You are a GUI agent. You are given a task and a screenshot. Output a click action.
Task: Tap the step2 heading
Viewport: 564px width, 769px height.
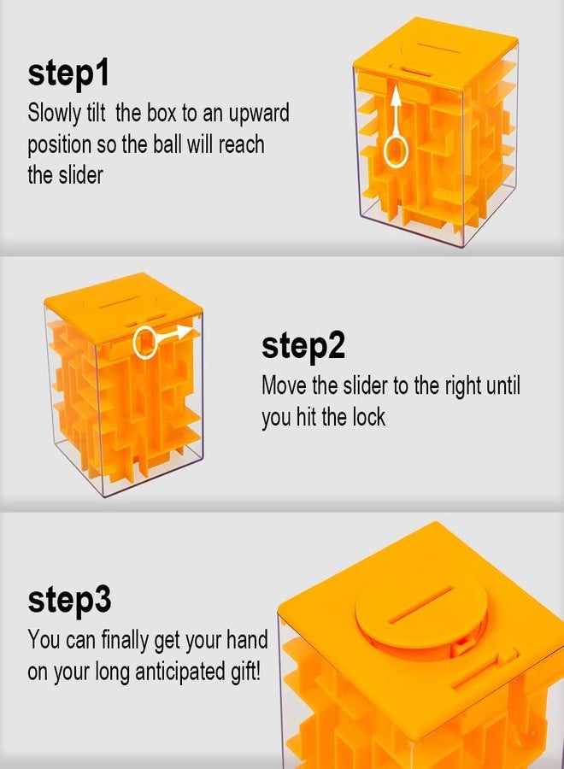point(303,346)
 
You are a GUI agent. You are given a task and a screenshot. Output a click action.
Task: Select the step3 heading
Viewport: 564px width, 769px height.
point(69,600)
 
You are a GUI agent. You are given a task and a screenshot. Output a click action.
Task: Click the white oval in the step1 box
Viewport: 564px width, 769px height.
point(396,151)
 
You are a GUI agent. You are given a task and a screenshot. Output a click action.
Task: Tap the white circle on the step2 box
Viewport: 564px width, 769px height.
point(145,343)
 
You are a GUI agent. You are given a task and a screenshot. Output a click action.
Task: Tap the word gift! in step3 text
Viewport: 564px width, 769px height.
point(244,672)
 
